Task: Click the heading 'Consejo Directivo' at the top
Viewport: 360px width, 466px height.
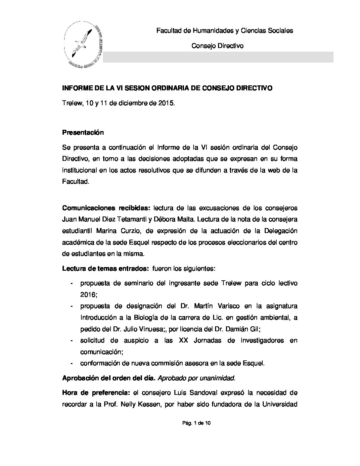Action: pyautogui.click(x=217, y=46)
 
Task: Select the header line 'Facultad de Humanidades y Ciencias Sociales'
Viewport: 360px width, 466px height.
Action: pyautogui.click(x=224, y=31)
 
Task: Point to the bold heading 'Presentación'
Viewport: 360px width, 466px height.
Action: pyautogui.click(x=83, y=133)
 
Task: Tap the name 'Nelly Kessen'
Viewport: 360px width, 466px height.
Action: pyautogui.click(x=141, y=404)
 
